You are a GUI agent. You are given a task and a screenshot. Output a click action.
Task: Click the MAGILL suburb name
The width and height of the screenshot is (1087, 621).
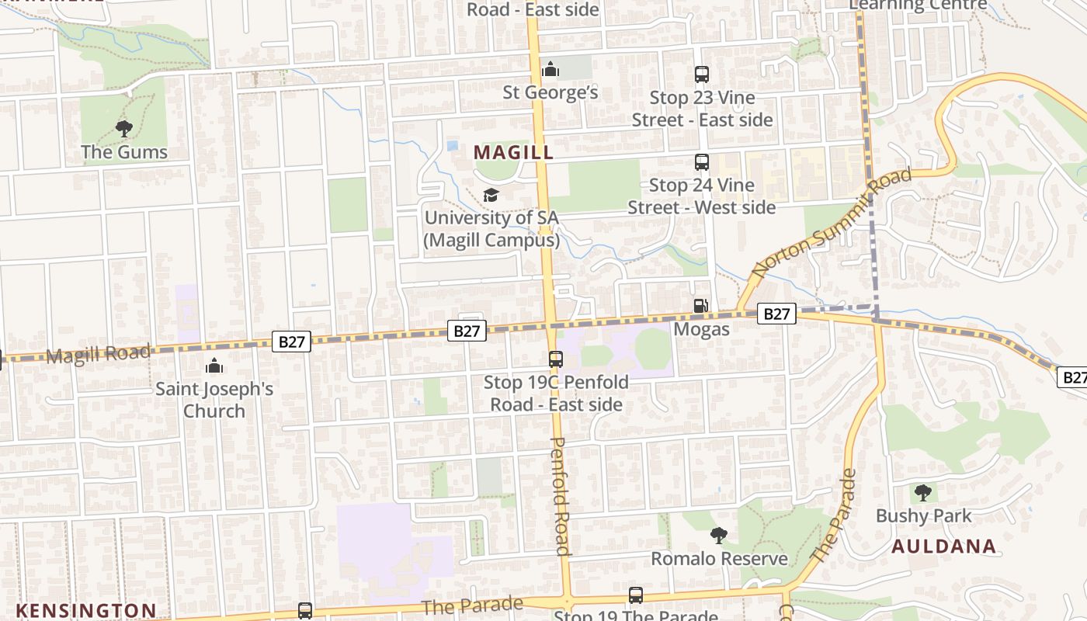point(513,152)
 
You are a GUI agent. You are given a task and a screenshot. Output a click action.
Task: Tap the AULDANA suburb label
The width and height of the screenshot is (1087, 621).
point(943,546)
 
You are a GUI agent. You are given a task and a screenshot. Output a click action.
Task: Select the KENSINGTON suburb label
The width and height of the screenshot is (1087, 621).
point(86,610)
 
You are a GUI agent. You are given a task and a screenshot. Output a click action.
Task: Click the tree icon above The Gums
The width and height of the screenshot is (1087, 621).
point(123,129)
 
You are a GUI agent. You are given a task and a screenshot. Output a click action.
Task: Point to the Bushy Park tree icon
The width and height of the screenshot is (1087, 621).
point(922,492)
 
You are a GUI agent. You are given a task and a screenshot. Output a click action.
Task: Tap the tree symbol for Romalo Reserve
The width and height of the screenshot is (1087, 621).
point(719,535)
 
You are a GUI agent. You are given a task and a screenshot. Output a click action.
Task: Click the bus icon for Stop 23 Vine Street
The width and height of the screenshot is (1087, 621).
point(702,75)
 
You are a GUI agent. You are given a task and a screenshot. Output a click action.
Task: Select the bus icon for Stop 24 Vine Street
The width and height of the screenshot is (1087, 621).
point(702,162)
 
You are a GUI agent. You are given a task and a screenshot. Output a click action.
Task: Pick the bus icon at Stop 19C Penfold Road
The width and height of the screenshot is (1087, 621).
point(556,359)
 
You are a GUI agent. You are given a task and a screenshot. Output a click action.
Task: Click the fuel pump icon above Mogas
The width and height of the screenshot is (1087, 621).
point(701,306)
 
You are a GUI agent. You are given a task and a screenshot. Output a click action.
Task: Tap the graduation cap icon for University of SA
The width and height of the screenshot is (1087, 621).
point(491,195)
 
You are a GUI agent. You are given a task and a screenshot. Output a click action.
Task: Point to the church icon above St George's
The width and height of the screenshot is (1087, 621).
point(550,70)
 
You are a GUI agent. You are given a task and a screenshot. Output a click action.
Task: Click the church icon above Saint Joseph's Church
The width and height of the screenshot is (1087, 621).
point(214,366)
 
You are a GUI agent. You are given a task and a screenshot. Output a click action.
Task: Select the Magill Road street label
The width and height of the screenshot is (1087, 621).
point(98,355)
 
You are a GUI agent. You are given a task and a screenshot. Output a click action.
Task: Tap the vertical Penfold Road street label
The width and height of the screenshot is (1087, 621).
point(561,496)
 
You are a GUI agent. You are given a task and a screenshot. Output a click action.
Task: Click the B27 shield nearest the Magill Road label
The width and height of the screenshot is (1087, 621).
point(291,342)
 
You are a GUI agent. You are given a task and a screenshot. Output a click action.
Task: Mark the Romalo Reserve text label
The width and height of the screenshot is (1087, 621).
point(719,559)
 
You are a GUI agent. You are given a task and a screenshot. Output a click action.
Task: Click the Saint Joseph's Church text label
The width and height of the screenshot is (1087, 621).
point(214,399)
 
